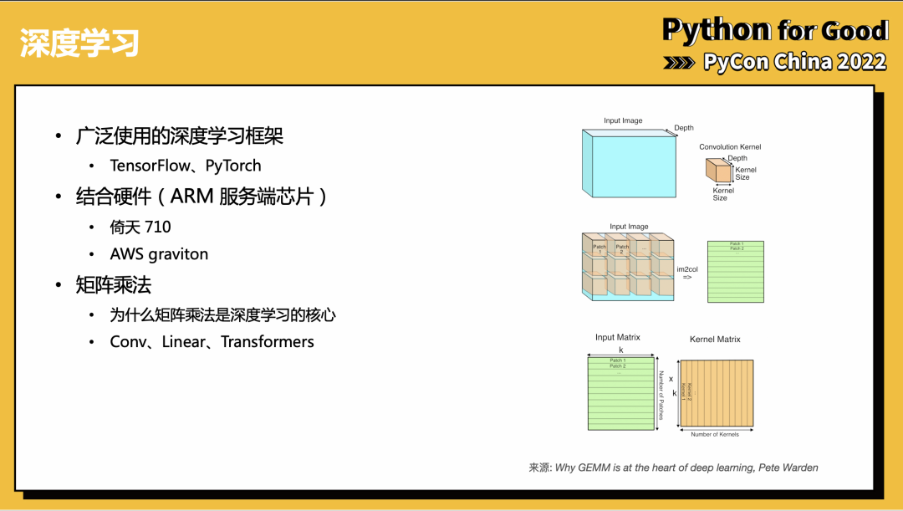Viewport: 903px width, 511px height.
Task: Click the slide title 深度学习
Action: (x=79, y=43)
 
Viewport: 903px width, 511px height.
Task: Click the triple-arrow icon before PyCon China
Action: (x=679, y=63)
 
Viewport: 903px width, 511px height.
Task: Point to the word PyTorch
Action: (x=233, y=166)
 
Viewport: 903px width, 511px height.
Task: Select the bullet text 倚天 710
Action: (x=140, y=227)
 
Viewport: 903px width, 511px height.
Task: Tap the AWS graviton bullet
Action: (x=159, y=254)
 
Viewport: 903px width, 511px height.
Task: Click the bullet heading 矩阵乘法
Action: (x=114, y=285)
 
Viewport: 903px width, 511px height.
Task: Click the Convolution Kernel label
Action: (x=730, y=147)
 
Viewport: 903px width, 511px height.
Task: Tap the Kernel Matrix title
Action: (x=715, y=339)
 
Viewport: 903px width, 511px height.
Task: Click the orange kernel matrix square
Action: (x=716, y=394)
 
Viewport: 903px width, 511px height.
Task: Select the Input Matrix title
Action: (x=617, y=337)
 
